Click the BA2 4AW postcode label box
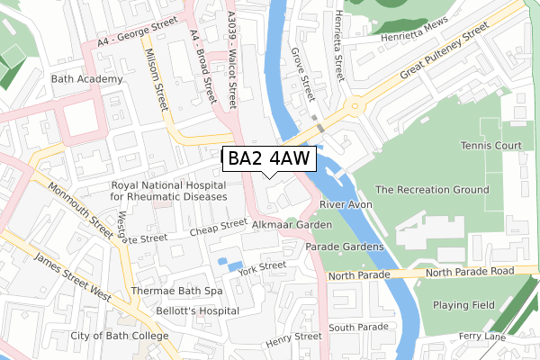coord(268,159)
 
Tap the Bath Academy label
coord(87,80)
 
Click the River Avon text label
coord(346,205)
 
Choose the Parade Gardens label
coord(345,247)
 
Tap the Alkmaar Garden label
coord(292,225)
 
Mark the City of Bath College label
coord(120,337)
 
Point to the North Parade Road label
coord(470,271)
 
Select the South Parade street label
coord(358,327)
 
